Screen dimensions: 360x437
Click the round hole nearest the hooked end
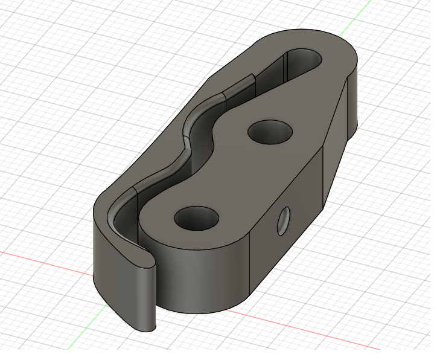(196, 217)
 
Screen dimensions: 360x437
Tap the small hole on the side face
(284, 222)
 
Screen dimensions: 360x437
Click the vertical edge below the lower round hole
(250, 266)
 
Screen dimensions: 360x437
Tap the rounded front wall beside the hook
(199, 278)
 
